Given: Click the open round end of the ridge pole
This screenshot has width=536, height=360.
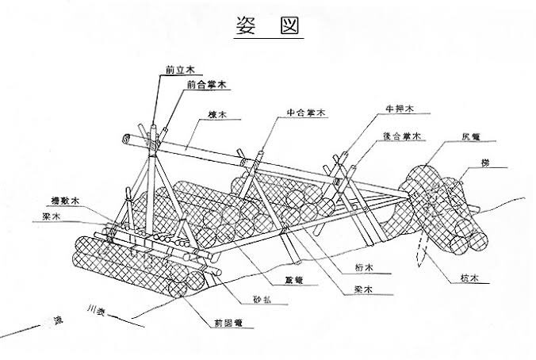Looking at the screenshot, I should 126,140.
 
